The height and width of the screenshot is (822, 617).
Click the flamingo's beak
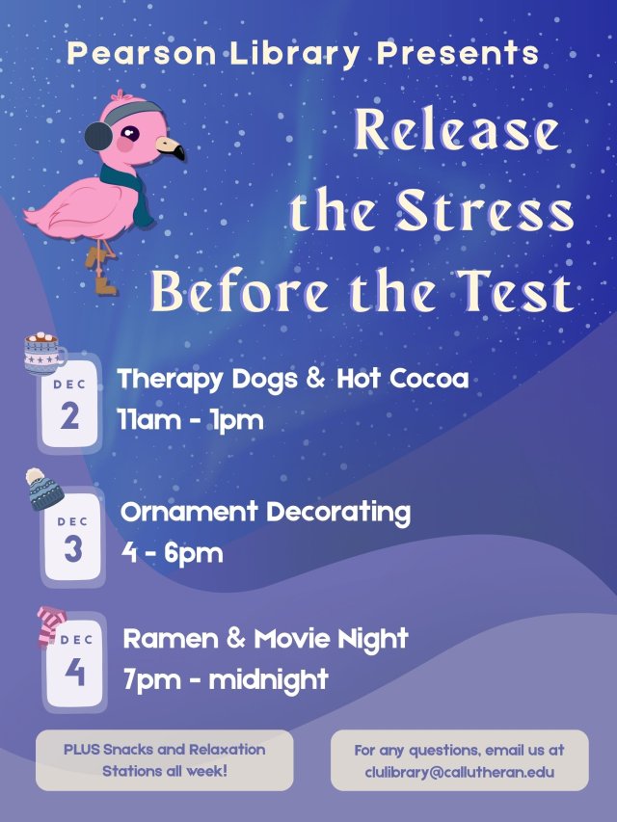(x=171, y=148)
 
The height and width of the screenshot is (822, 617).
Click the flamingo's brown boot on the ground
(x=105, y=286)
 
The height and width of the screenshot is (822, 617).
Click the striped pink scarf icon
(x=49, y=624)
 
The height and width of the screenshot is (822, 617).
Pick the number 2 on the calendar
(x=69, y=417)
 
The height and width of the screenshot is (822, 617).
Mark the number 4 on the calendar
(x=74, y=672)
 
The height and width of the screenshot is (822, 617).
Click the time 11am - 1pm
(x=190, y=420)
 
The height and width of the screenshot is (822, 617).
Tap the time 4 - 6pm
(x=172, y=553)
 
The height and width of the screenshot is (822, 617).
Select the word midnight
(x=268, y=679)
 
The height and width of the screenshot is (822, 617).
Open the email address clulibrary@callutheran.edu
(x=459, y=772)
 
